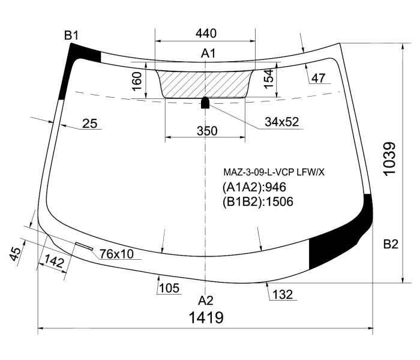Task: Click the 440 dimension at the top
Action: [x=206, y=34]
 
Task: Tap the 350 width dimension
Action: [x=207, y=131]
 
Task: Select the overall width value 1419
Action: [x=206, y=317]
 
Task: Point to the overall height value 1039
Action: [x=389, y=159]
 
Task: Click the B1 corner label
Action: [x=71, y=35]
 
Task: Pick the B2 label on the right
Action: [x=391, y=244]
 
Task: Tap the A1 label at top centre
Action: [x=208, y=53]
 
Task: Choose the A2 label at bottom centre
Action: [x=205, y=301]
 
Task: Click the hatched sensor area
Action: [x=205, y=84]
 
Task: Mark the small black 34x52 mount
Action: [x=205, y=103]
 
